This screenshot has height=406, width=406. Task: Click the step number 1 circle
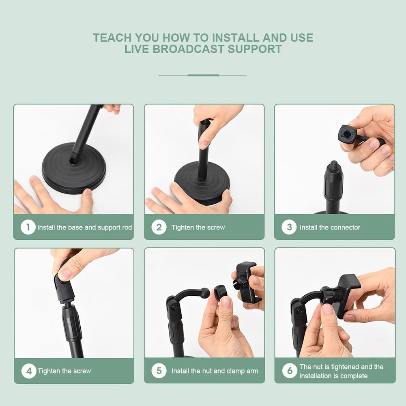[28, 227]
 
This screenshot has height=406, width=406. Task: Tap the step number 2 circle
[159, 227]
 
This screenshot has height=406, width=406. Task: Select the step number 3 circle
[289, 227]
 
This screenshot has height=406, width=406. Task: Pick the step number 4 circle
[29, 371]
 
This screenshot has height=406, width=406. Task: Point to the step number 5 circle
[159, 371]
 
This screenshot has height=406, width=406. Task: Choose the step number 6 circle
[290, 371]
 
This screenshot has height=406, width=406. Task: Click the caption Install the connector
[330, 228]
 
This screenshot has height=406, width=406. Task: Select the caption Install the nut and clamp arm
[215, 371]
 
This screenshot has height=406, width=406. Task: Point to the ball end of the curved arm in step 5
[205, 292]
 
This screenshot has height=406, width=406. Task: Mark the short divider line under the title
[203, 75]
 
